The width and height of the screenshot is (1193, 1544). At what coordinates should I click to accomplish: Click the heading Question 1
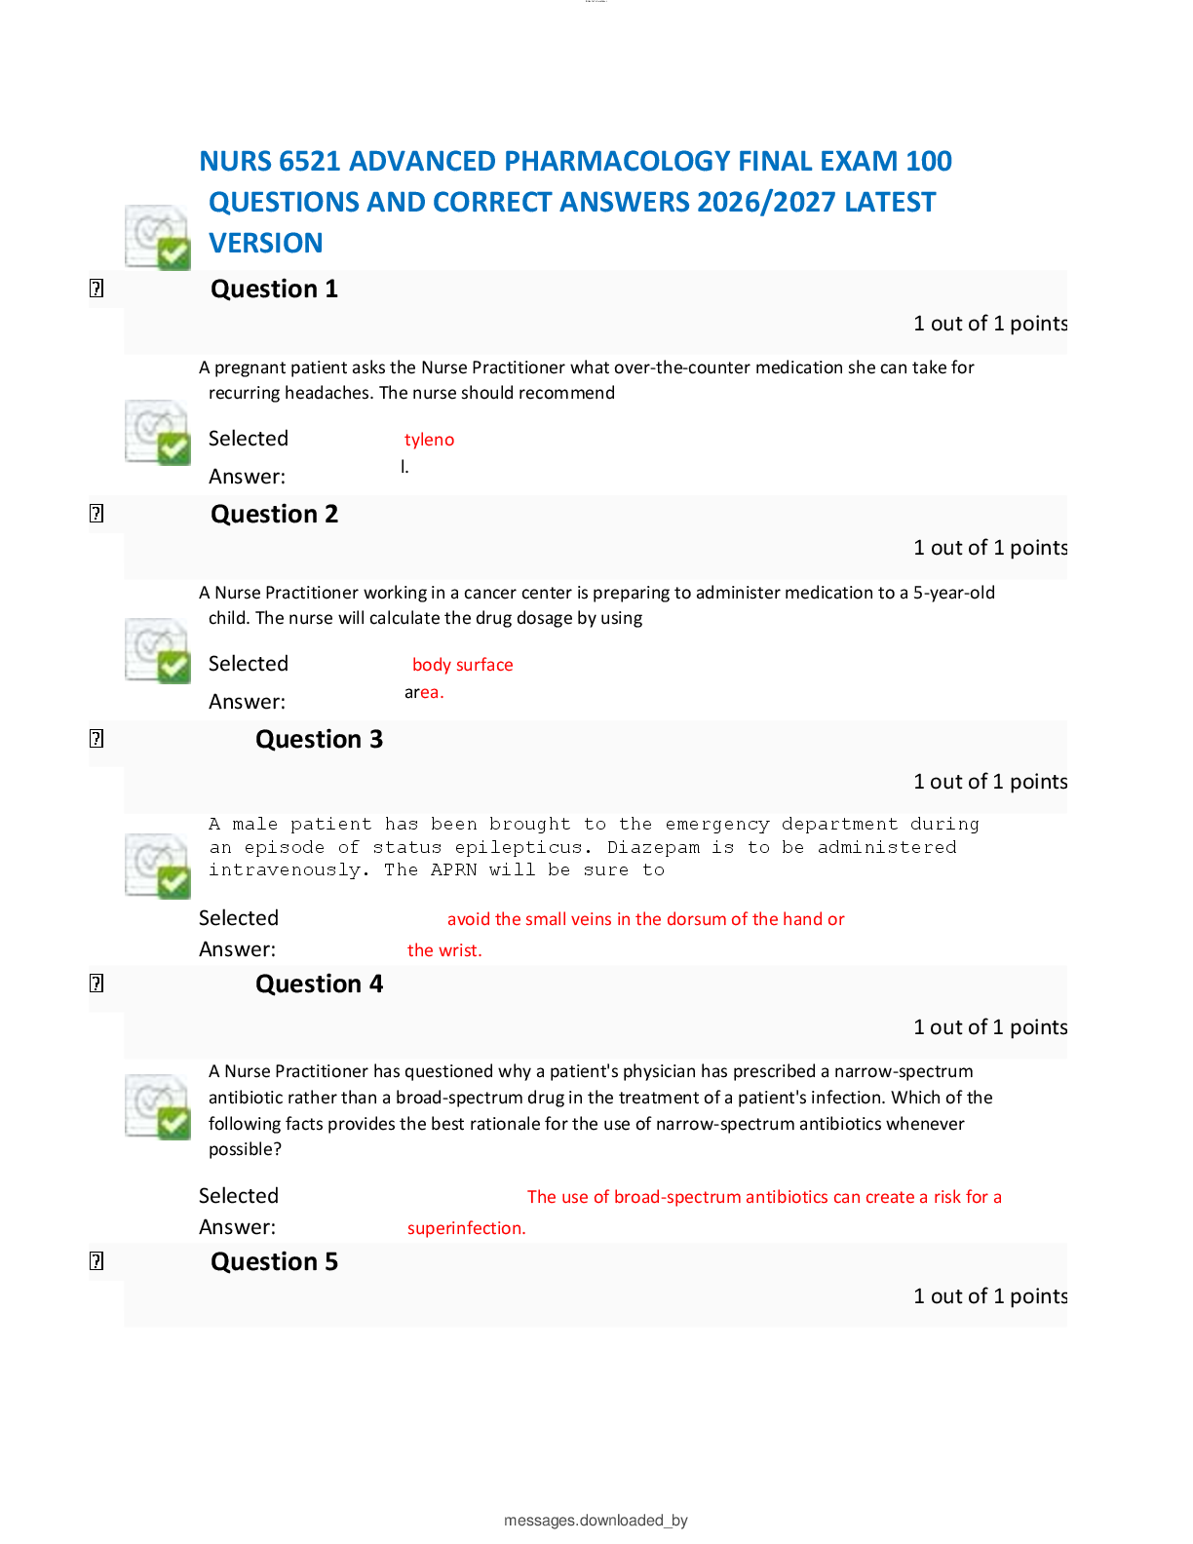coord(274,289)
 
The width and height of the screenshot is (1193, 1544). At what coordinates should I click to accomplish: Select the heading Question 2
coord(274,515)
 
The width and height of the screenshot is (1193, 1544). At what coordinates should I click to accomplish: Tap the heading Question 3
coord(319,740)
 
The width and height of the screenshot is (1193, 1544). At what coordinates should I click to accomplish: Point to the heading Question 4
coord(319,984)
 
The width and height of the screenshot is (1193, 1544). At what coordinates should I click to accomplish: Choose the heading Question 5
coord(274,1262)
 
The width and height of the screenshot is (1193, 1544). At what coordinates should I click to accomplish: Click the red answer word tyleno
coord(429,440)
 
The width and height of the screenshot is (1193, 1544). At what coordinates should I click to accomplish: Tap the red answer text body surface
coord(463,665)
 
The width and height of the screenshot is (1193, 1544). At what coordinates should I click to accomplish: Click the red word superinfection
coord(466,1228)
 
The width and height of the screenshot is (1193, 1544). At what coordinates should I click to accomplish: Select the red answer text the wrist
coord(444,950)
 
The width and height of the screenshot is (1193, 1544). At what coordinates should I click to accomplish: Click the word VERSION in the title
coord(266,243)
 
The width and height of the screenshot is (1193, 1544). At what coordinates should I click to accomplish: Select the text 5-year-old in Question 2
coord(953,594)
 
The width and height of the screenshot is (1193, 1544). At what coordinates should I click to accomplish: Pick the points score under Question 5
coord(990,1296)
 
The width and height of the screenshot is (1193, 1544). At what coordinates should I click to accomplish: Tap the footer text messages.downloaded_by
coord(596,1521)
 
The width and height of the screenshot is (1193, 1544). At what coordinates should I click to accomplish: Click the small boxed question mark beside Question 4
coord(96,984)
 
